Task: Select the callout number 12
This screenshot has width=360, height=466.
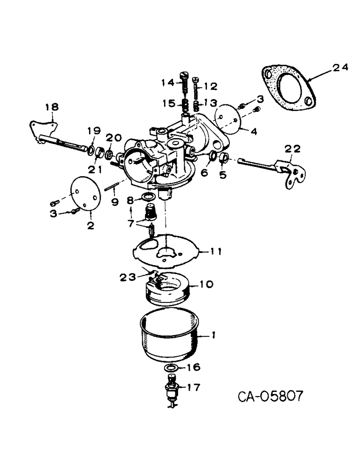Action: (211, 86)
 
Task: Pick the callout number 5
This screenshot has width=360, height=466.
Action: (222, 175)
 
